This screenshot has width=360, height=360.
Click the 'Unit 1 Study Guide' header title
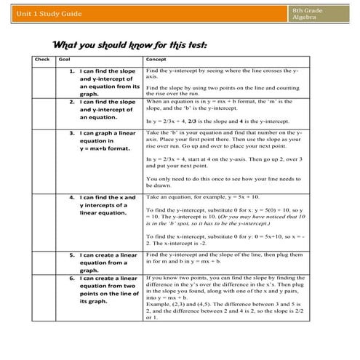pos(43,14)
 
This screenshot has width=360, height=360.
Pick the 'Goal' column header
pos(65,59)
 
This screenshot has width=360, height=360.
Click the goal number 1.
pos(71,71)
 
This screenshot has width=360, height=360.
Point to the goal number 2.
pos(71,102)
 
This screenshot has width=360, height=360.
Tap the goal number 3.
pos(71,134)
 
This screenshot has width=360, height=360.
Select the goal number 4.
pos(71,197)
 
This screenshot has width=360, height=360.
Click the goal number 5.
pos(71,255)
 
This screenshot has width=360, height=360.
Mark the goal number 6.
pos(71,278)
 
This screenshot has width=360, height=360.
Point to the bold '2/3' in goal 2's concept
pos(193,120)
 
